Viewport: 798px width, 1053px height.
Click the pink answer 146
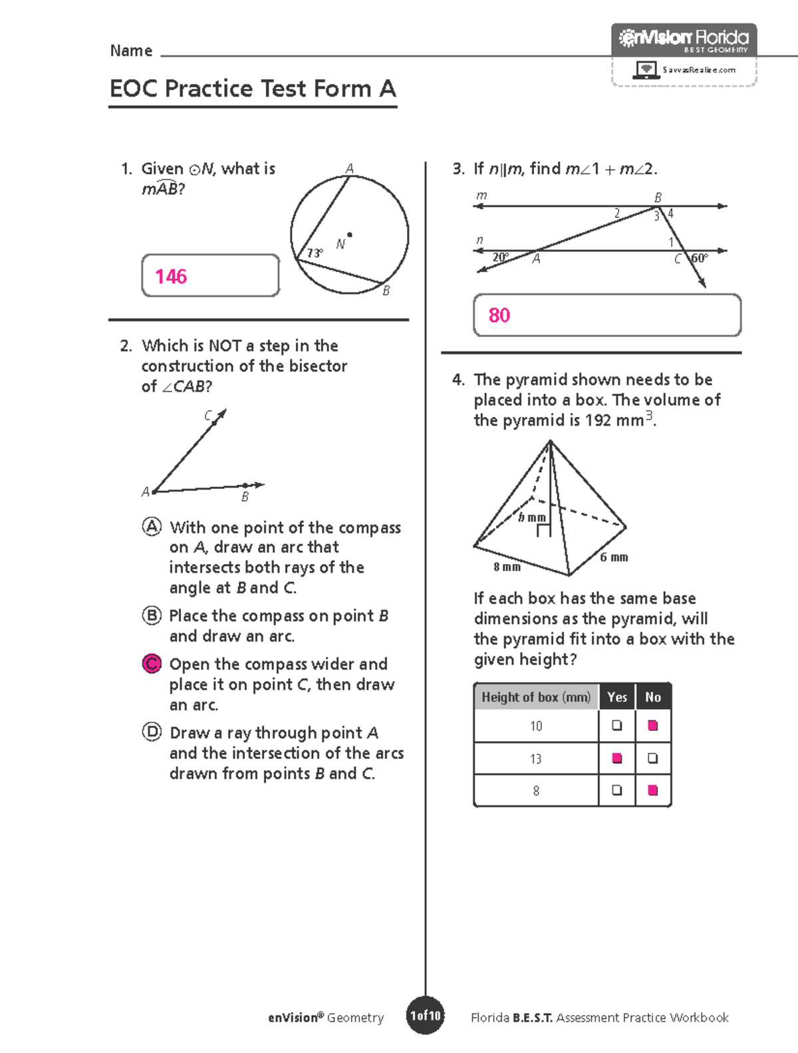(x=171, y=276)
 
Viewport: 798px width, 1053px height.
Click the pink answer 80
(x=499, y=315)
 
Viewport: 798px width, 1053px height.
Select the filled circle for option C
(x=152, y=663)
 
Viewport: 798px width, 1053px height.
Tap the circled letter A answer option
(x=152, y=527)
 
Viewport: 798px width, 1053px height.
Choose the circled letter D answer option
(x=152, y=732)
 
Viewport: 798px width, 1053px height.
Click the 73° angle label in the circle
(x=315, y=253)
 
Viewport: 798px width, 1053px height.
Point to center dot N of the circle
(x=350, y=235)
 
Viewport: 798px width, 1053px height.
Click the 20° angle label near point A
(x=500, y=257)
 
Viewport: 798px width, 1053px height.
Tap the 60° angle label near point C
(x=699, y=258)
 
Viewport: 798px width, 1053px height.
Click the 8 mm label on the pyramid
(x=507, y=567)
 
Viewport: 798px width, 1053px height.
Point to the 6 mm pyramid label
(x=614, y=557)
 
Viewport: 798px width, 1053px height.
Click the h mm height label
(x=532, y=518)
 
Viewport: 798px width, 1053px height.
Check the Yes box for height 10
(x=617, y=725)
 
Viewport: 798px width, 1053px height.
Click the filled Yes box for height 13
(x=617, y=758)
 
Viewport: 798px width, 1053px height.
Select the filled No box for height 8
(x=653, y=790)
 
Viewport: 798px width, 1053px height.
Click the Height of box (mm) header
(x=536, y=697)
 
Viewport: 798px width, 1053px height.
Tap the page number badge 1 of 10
(x=425, y=1016)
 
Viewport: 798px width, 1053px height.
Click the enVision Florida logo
(x=684, y=39)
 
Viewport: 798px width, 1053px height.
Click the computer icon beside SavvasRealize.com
(x=645, y=70)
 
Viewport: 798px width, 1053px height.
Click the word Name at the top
(x=131, y=51)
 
